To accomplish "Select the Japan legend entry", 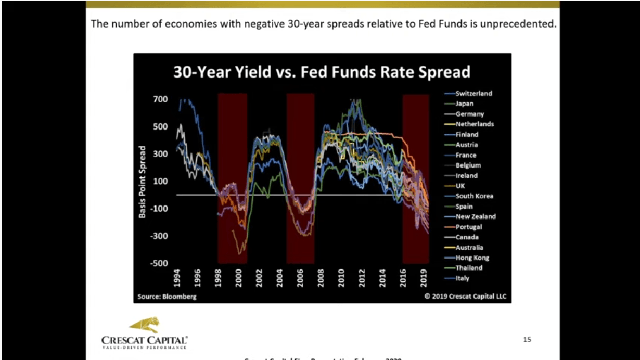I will [x=465, y=104].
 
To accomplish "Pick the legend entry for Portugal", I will [x=469, y=227].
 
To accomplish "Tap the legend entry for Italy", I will [x=463, y=278].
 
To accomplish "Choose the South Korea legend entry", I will [x=474, y=196].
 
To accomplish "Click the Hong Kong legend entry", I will [x=472, y=258].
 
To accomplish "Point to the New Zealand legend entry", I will [x=476, y=216].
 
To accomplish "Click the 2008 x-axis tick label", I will [x=321, y=278].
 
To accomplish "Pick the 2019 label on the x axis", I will [x=424, y=278].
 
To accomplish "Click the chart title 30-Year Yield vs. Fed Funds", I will [x=322, y=72].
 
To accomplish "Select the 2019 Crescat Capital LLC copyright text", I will [x=465, y=297].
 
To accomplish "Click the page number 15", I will [x=527, y=340].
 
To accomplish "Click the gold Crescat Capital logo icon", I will [x=144, y=325].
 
